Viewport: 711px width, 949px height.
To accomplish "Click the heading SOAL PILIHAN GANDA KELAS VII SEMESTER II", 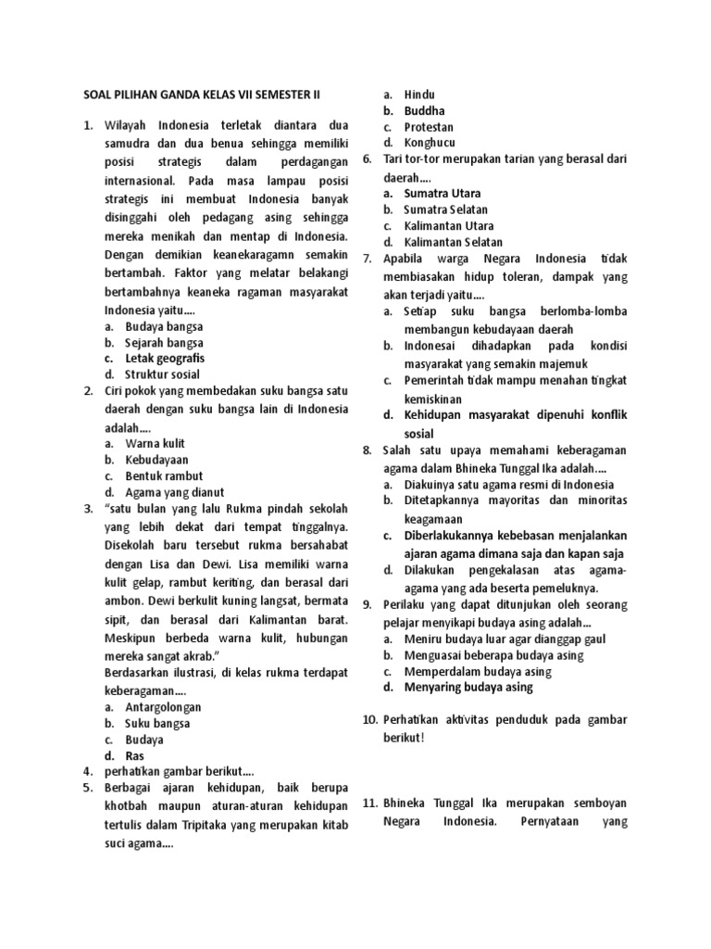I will tap(206, 95).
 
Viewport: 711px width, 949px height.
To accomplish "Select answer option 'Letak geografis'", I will tap(165, 358).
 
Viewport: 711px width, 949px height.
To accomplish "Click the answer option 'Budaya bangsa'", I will tap(164, 326).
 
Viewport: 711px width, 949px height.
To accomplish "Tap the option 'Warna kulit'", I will tap(156, 444).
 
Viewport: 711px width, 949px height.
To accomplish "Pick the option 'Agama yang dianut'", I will tap(174, 492).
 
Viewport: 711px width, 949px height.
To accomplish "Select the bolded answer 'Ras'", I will tap(134, 755).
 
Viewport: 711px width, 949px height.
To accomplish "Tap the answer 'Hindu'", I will tap(419, 95).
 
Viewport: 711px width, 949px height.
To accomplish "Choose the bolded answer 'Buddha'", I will tap(424, 111).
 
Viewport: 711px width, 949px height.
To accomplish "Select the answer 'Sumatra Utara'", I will tap(442, 193).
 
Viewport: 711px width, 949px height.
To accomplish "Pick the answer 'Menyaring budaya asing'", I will tap(468, 688).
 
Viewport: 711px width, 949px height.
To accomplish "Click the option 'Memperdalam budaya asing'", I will tap(478, 672).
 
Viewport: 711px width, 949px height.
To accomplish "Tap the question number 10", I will tap(369, 720).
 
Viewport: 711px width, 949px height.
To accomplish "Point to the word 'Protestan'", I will tap(429, 127).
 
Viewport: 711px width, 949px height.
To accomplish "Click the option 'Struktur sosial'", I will tap(165, 374).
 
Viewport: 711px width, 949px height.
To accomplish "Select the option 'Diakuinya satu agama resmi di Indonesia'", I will tap(508, 485).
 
